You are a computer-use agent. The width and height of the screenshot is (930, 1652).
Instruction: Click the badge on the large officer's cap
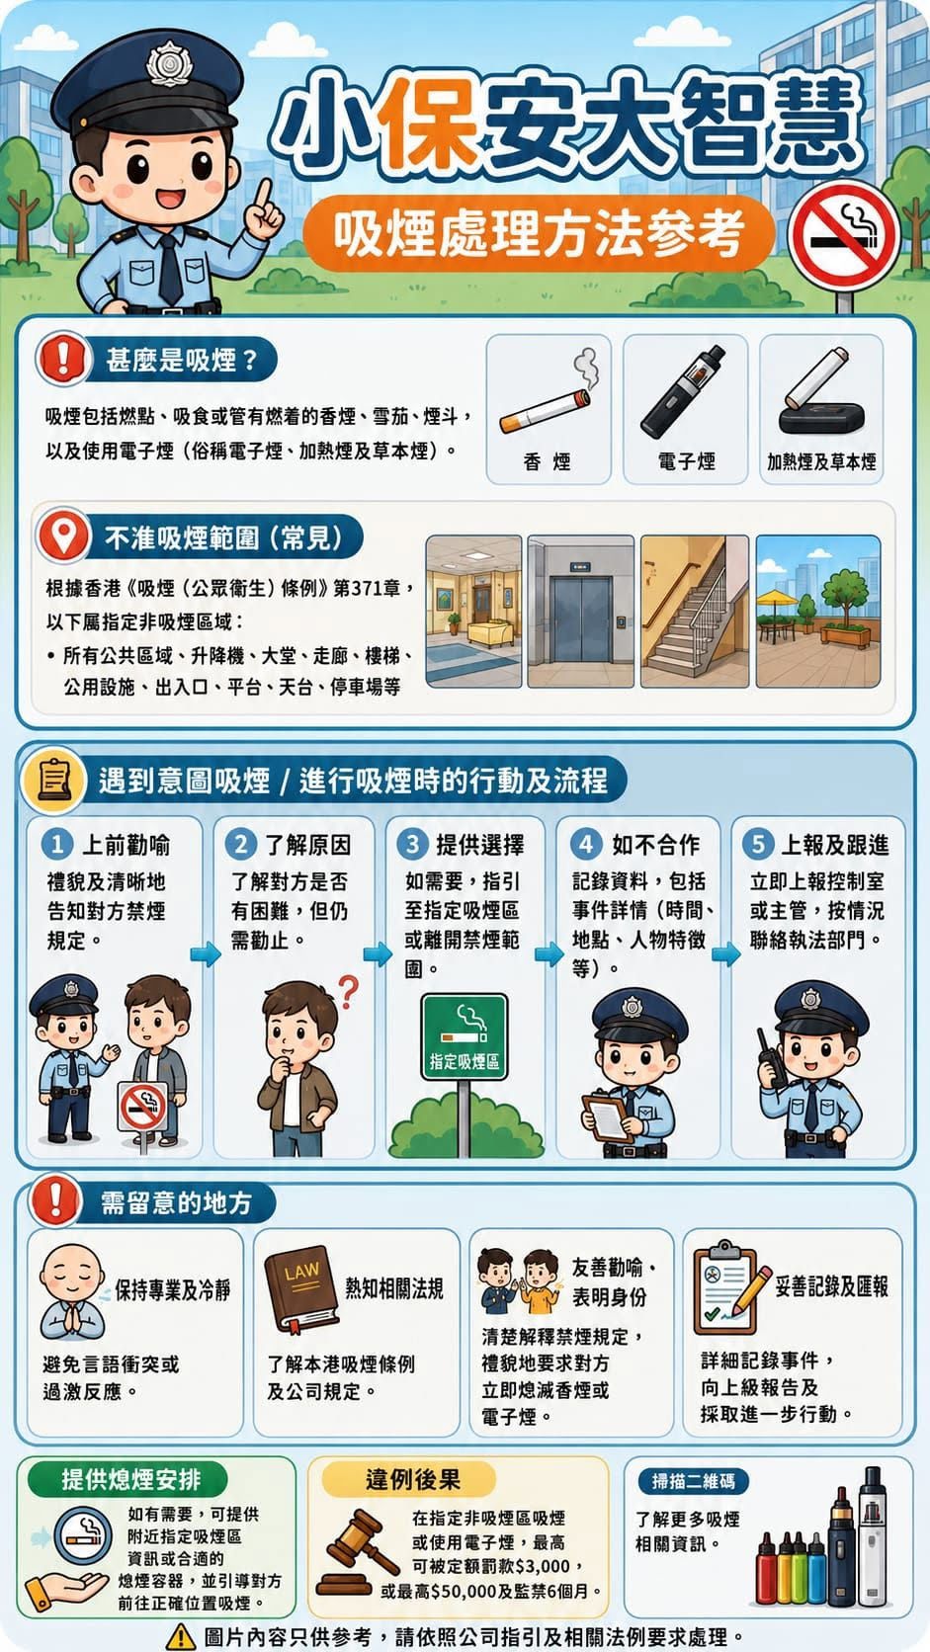tap(169, 63)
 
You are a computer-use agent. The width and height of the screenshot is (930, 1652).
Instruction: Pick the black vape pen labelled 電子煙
tap(682, 391)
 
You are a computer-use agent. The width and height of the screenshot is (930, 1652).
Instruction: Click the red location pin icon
tap(63, 534)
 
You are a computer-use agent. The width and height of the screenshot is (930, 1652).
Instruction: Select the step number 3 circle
tap(413, 844)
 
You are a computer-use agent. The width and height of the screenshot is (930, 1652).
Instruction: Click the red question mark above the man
tap(348, 992)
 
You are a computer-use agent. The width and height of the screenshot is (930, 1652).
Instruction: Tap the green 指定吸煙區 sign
tap(464, 1036)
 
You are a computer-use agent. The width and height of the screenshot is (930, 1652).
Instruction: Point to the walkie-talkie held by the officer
tap(772, 1057)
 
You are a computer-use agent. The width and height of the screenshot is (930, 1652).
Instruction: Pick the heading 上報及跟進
tap(834, 845)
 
